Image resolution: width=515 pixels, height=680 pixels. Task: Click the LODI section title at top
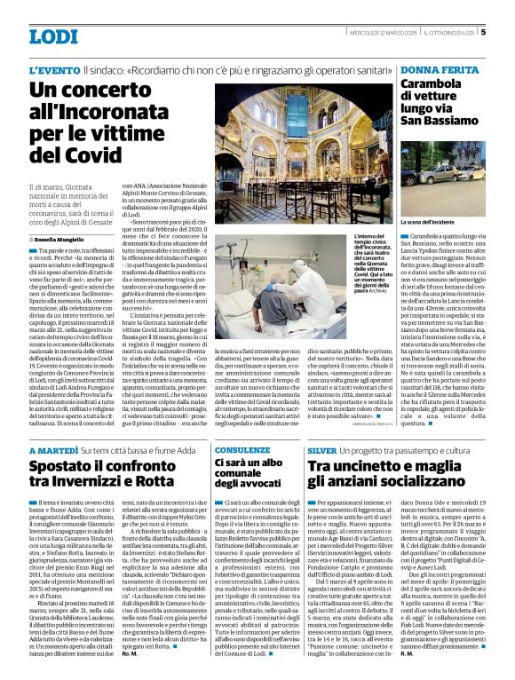52,36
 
